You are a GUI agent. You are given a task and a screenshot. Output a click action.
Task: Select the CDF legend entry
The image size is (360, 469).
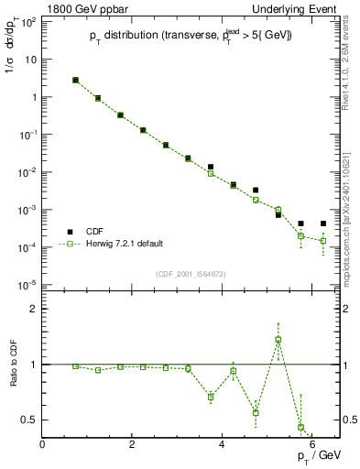(x=87, y=232)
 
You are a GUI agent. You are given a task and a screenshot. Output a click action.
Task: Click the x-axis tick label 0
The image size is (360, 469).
(x=43, y=444)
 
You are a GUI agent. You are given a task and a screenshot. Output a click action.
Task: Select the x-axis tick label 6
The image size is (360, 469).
(x=312, y=444)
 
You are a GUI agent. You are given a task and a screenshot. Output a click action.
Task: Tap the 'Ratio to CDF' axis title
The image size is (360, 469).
(x=14, y=364)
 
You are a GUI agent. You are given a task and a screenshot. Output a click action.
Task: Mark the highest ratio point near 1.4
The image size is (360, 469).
(x=278, y=340)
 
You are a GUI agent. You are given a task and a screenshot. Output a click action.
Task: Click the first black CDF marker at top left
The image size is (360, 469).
(x=75, y=81)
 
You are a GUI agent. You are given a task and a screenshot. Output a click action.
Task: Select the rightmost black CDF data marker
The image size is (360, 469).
(x=323, y=224)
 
